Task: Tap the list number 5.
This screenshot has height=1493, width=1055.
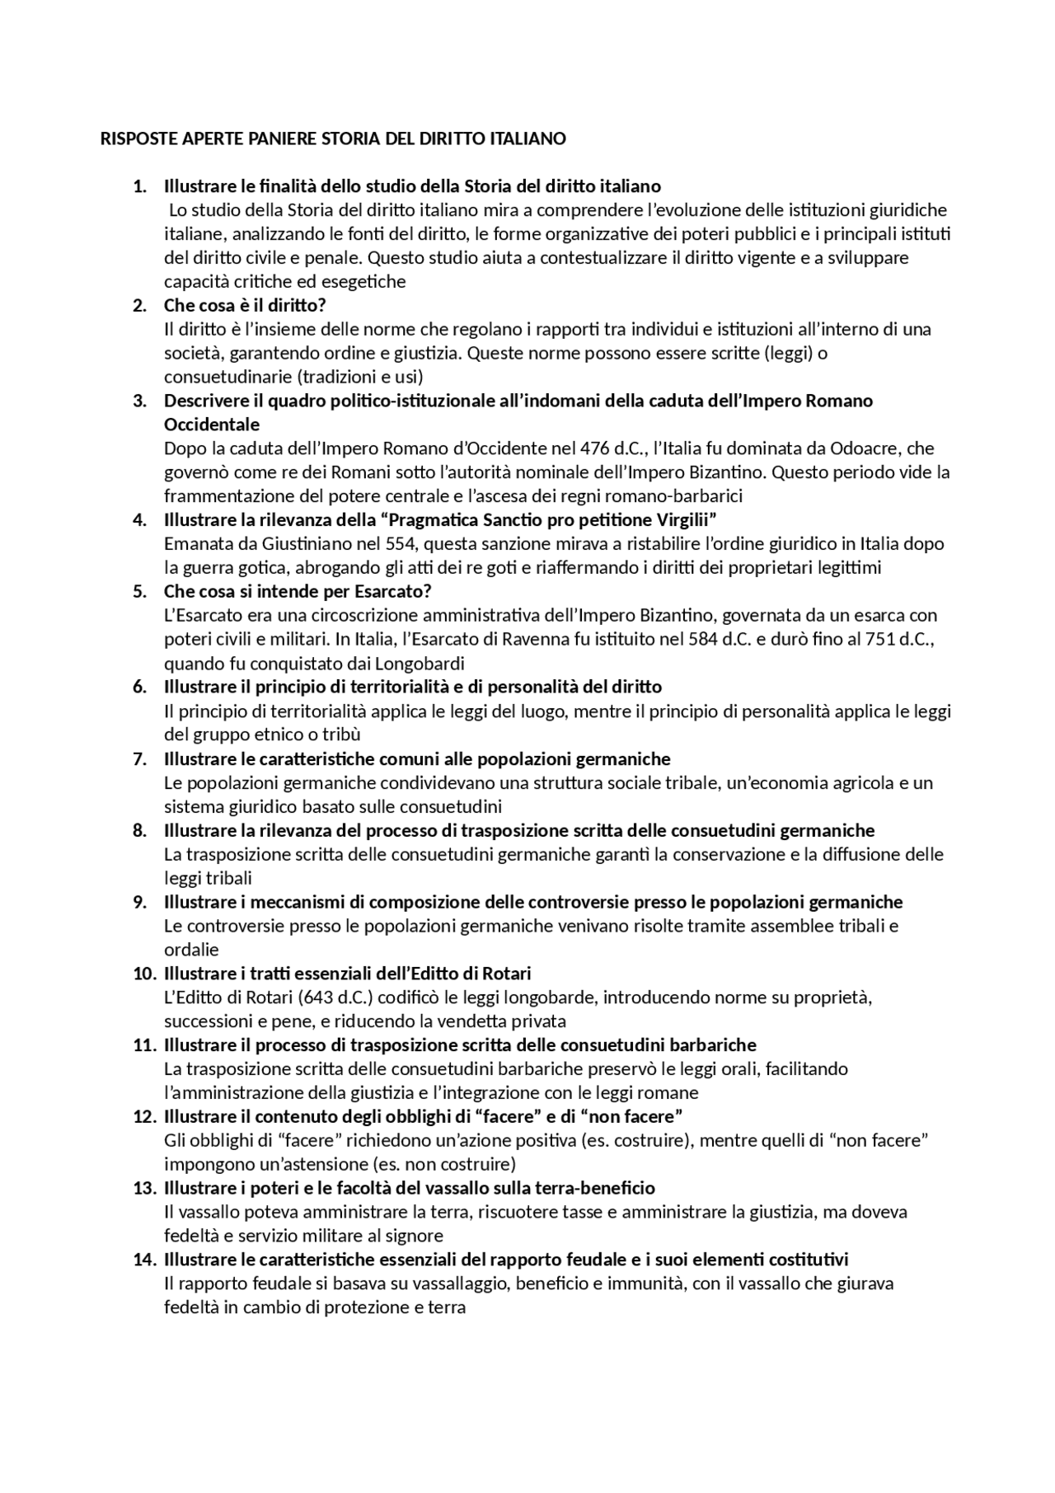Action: coord(139,591)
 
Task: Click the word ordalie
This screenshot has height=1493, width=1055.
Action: coord(191,950)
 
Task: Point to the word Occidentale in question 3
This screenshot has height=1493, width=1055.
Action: coord(212,425)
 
